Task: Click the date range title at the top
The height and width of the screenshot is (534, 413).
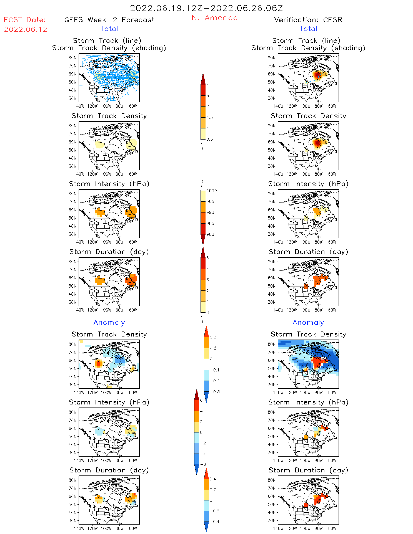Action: click(x=206, y=8)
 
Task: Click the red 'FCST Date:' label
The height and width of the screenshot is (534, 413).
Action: click(x=25, y=20)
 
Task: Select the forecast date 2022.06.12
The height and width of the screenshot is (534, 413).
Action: click(x=26, y=29)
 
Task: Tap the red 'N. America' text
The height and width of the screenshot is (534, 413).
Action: click(x=214, y=18)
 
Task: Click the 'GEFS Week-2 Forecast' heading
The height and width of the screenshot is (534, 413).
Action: click(x=109, y=20)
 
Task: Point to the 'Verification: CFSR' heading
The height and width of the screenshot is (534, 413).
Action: click(x=308, y=20)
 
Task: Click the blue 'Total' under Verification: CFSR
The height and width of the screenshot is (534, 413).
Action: click(x=308, y=29)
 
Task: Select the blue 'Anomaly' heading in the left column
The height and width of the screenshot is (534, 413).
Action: click(x=109, y=323)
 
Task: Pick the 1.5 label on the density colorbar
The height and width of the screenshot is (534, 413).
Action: click(x=210, y=118)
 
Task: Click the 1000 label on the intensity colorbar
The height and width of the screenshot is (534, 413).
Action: click(x=211, y=191)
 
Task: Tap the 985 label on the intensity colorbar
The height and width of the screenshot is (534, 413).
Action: click(x=210, y=224)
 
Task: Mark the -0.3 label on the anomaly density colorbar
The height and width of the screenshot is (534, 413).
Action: click(x=214, y=392)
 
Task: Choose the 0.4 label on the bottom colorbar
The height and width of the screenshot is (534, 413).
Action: click(x=213, y=479)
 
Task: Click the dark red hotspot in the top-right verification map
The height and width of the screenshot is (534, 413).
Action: click(x=317, y=75)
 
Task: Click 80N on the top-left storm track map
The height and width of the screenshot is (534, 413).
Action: click(x=72, y=58)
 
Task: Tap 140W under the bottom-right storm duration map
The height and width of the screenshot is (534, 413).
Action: click(x=278, y=528)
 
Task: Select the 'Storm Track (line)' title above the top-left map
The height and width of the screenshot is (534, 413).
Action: click(x=107, y=41)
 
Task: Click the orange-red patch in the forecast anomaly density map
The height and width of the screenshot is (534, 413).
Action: click(x=98, y=363)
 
